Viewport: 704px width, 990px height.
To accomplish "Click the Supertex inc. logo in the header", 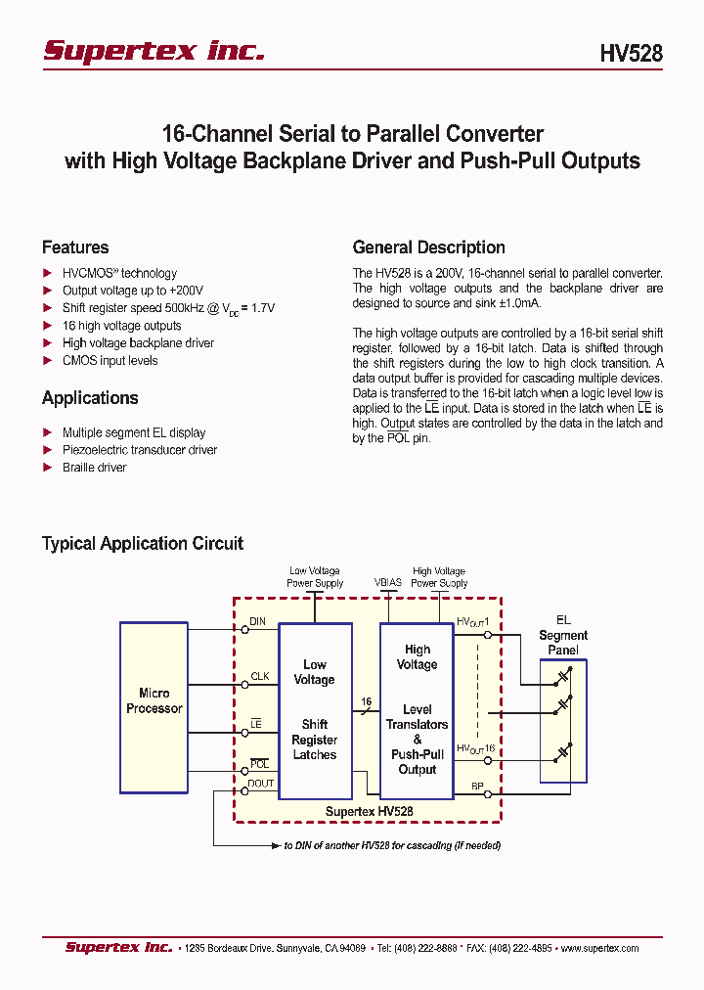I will click(x=154, y=51).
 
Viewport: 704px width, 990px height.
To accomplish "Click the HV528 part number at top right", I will click(x=631, y=54).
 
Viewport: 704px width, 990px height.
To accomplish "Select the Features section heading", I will click(x=75, y=247).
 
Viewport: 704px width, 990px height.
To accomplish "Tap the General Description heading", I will click(x=428, y=247).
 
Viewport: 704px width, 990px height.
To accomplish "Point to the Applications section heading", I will click(x=90, y=398).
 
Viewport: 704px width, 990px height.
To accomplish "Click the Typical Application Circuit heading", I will click(x=143, y=543).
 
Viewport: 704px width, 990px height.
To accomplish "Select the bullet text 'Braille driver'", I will click(x=94, y=468).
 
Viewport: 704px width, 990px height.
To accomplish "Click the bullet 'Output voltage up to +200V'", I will click(x=133, y=291).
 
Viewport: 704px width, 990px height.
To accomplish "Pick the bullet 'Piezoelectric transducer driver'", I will click(x=139, y=450).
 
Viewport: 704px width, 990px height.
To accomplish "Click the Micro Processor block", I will click(x=154, y=706).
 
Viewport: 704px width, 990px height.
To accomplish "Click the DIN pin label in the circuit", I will click(x=257, y=621).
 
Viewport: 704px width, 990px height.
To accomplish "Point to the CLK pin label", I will click(x=259, y=676).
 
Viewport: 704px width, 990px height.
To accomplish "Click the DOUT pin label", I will click(x=261, y=783).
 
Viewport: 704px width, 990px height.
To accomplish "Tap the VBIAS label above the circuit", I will click(x=387, y=582).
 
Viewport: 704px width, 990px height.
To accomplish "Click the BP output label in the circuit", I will click(x=477, y=786).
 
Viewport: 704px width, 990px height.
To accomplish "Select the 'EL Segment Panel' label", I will click(x=563, y=635).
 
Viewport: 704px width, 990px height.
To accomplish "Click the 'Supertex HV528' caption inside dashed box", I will click(x=369, y=811).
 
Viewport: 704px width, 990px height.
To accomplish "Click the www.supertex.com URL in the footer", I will click(x=598, y=948).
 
